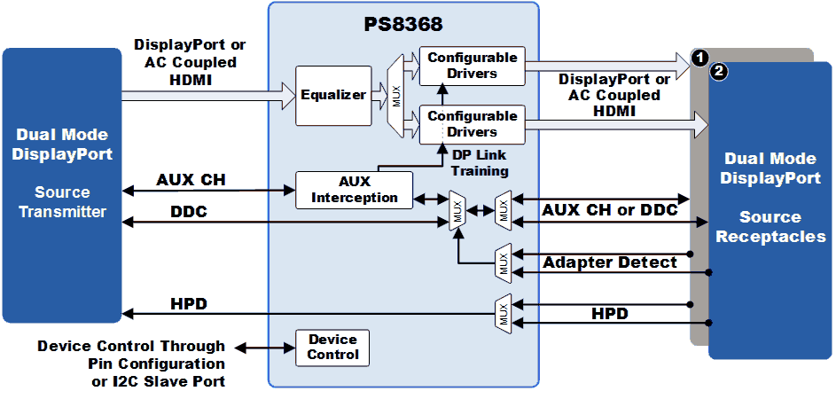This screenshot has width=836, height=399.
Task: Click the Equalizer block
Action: click(x=333, y=96)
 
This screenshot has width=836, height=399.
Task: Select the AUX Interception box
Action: click(x=355, y=190)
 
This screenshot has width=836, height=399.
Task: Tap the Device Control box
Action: click(x=332, y=348)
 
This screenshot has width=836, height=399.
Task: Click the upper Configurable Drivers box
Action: click(x=473, y=66)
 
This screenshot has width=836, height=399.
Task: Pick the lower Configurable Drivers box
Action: click(x=473, y=125)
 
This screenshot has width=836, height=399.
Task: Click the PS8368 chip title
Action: click(x=403, y=25)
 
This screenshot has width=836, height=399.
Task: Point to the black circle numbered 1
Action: click(x=699, y=58)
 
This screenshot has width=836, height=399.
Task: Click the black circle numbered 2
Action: click(x=719, y=73)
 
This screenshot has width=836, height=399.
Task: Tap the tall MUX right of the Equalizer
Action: click(x=395, y=96)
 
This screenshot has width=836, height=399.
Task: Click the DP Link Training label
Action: click(x=480, y=163)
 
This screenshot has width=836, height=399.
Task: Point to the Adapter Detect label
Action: click(x=610, y=262)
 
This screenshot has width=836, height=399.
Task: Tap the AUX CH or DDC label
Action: click(x=610, y=209)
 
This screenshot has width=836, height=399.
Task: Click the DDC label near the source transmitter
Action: click(x=189, y=212)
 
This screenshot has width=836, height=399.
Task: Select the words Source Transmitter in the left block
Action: click(x=62, y=202)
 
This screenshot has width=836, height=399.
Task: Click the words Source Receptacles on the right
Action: click(x=770, y=227)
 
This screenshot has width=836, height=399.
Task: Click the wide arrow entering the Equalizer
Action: click(x=208, y=96)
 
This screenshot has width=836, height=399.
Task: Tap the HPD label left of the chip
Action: click(x=189, y=304)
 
